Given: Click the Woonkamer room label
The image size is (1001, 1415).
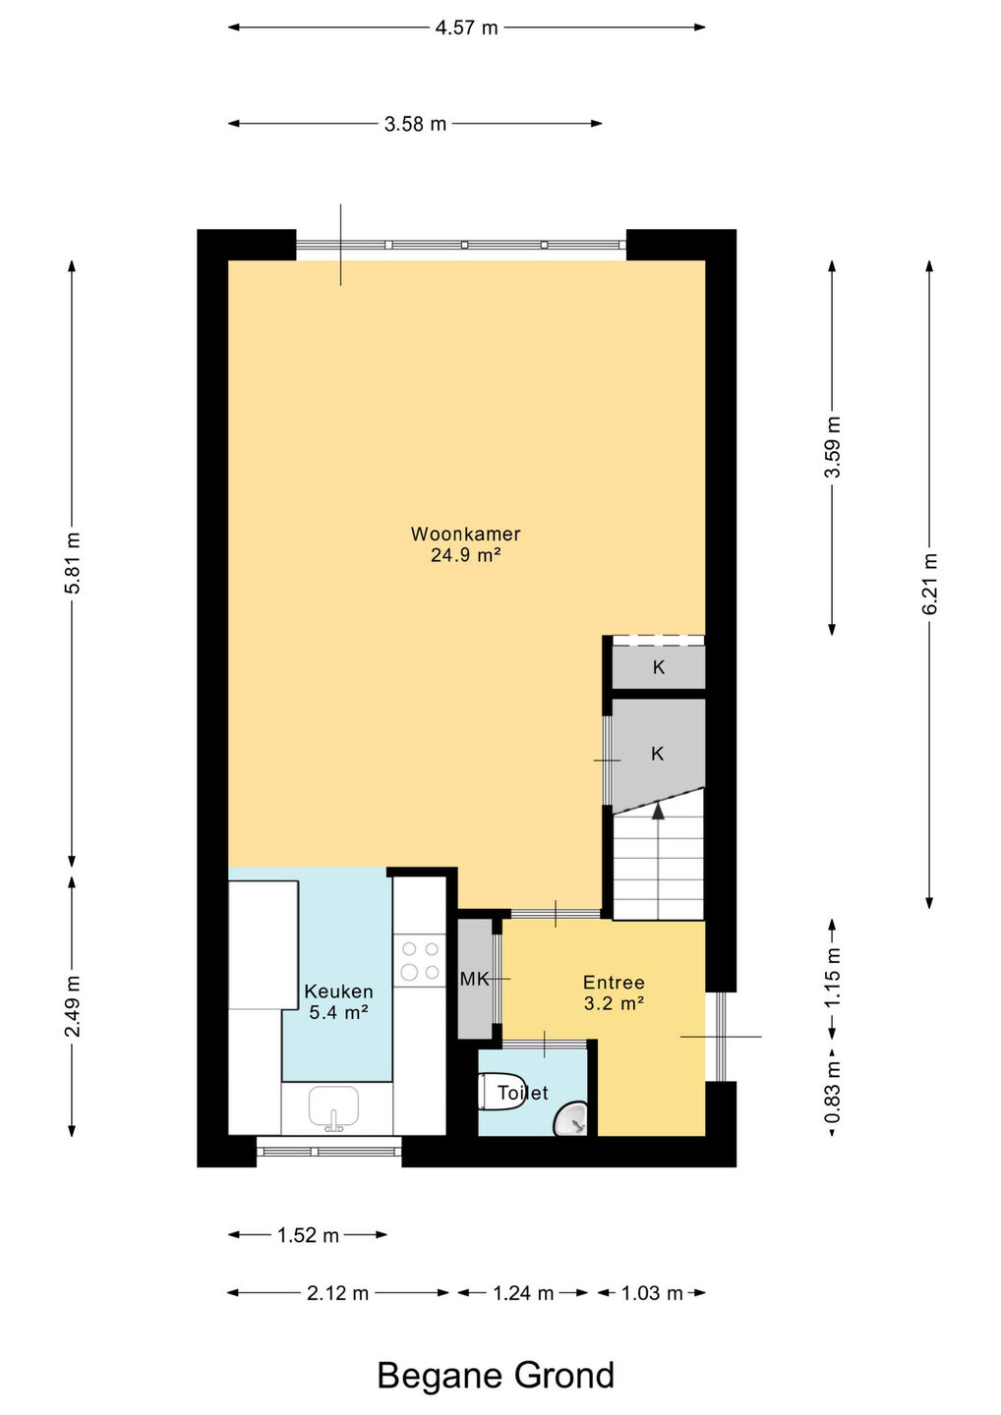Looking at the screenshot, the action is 466,534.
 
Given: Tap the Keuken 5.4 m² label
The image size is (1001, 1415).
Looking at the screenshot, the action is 338,1002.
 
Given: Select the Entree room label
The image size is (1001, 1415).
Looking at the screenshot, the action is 614,983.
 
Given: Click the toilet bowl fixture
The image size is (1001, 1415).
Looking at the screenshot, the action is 502,1091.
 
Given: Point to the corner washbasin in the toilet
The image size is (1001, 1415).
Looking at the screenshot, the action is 573,1120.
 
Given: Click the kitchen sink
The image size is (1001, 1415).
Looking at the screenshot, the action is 333,1109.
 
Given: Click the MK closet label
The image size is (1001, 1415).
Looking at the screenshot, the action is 474,979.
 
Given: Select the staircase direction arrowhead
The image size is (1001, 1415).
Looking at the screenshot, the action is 659,811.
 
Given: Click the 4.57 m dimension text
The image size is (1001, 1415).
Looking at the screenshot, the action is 466,28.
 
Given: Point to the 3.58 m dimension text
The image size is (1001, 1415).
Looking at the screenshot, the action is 415,124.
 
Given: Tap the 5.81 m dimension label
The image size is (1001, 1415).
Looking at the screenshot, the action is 72,562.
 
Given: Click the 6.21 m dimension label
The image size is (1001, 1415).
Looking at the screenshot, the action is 929,583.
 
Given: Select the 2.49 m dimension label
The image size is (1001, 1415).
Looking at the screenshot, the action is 72,1005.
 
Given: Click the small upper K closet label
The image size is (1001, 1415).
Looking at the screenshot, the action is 659,667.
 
